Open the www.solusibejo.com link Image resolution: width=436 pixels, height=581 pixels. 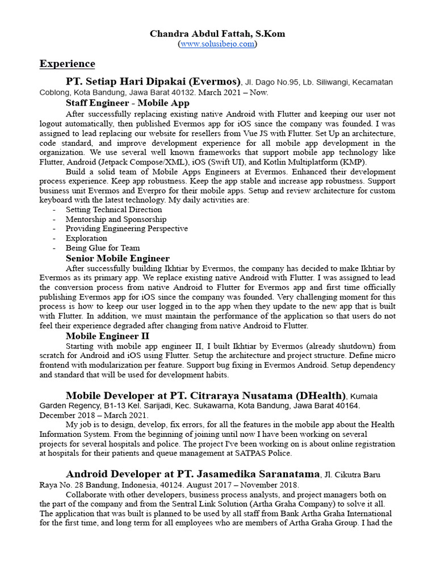pyautogui.click(x=217, y=44)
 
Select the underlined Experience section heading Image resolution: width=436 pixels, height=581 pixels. pyautogui.click(x=67, y=64)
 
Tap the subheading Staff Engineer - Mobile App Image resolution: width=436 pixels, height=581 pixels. pyautogui.click(x=127, y=103)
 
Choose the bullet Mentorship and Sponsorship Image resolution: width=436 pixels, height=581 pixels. pyautogui.click(x=116, y=219)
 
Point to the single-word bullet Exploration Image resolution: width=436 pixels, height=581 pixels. pyautogui.click(x=86, y=238)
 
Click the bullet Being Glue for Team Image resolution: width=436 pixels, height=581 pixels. pyautogui.click(x=102, y=248)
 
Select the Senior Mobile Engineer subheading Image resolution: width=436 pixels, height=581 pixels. pyautogui.click(x=118, y=258)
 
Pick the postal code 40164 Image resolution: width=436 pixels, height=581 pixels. pyautogui.click(x=347, y=406)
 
